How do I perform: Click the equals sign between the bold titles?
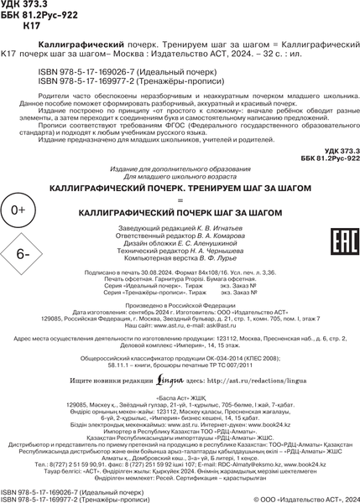click(180, 201)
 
